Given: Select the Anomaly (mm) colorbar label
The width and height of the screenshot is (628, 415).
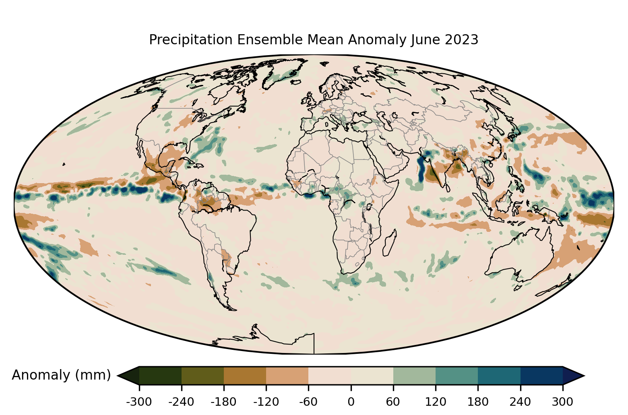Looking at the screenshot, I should click(61, 375).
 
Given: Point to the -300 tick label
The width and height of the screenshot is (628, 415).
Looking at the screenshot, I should click(139, 402).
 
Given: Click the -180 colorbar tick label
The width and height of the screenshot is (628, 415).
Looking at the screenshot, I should click(224, 402).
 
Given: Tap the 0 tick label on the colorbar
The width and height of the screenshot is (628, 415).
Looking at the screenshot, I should click(351, 402).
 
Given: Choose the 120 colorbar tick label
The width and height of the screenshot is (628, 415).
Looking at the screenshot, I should click(436, 402).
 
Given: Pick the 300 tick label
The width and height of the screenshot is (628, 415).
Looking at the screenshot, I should click(563, 402).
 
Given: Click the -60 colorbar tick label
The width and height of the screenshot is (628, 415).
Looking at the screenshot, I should click(308, 402).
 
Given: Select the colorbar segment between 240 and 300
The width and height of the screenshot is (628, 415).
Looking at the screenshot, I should click(541, 376).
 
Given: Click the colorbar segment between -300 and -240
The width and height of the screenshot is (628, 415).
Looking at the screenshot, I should click(160, 376).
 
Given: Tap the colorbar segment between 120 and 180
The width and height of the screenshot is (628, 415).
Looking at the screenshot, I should click(457, 376).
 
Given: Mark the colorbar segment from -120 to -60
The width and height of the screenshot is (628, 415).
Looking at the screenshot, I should click(287, 376).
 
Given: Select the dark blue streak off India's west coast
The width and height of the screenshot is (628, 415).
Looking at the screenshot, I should click(421, 169).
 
